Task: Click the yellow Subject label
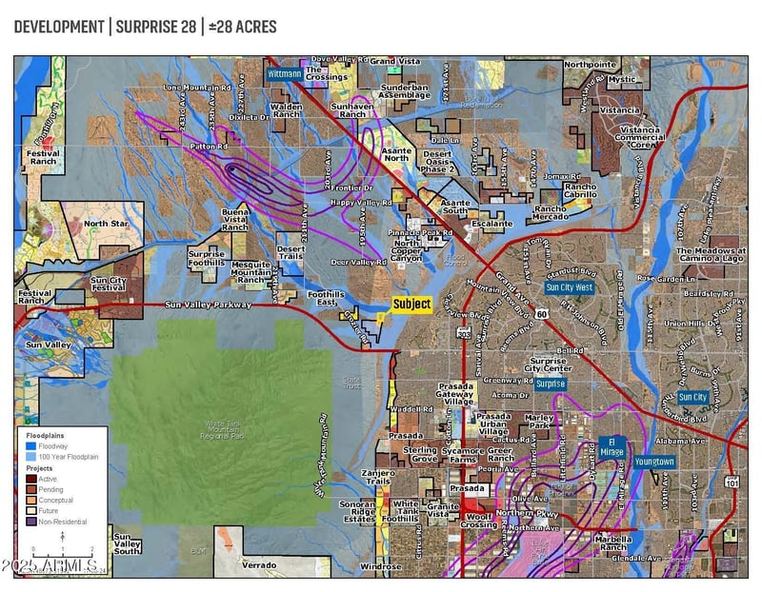pos(412,305)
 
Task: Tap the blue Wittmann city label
pos(284,73)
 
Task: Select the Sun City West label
pos(570,286)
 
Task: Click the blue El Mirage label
pos(612,444)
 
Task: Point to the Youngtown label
pos(653,462)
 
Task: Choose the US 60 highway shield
pos(540,312)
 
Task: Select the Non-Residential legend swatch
pos(31,522)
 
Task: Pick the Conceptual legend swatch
pos(31,500)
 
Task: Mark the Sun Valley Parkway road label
pos(208,306)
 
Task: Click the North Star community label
pos(106,224)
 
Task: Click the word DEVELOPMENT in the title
pos(59,27)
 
